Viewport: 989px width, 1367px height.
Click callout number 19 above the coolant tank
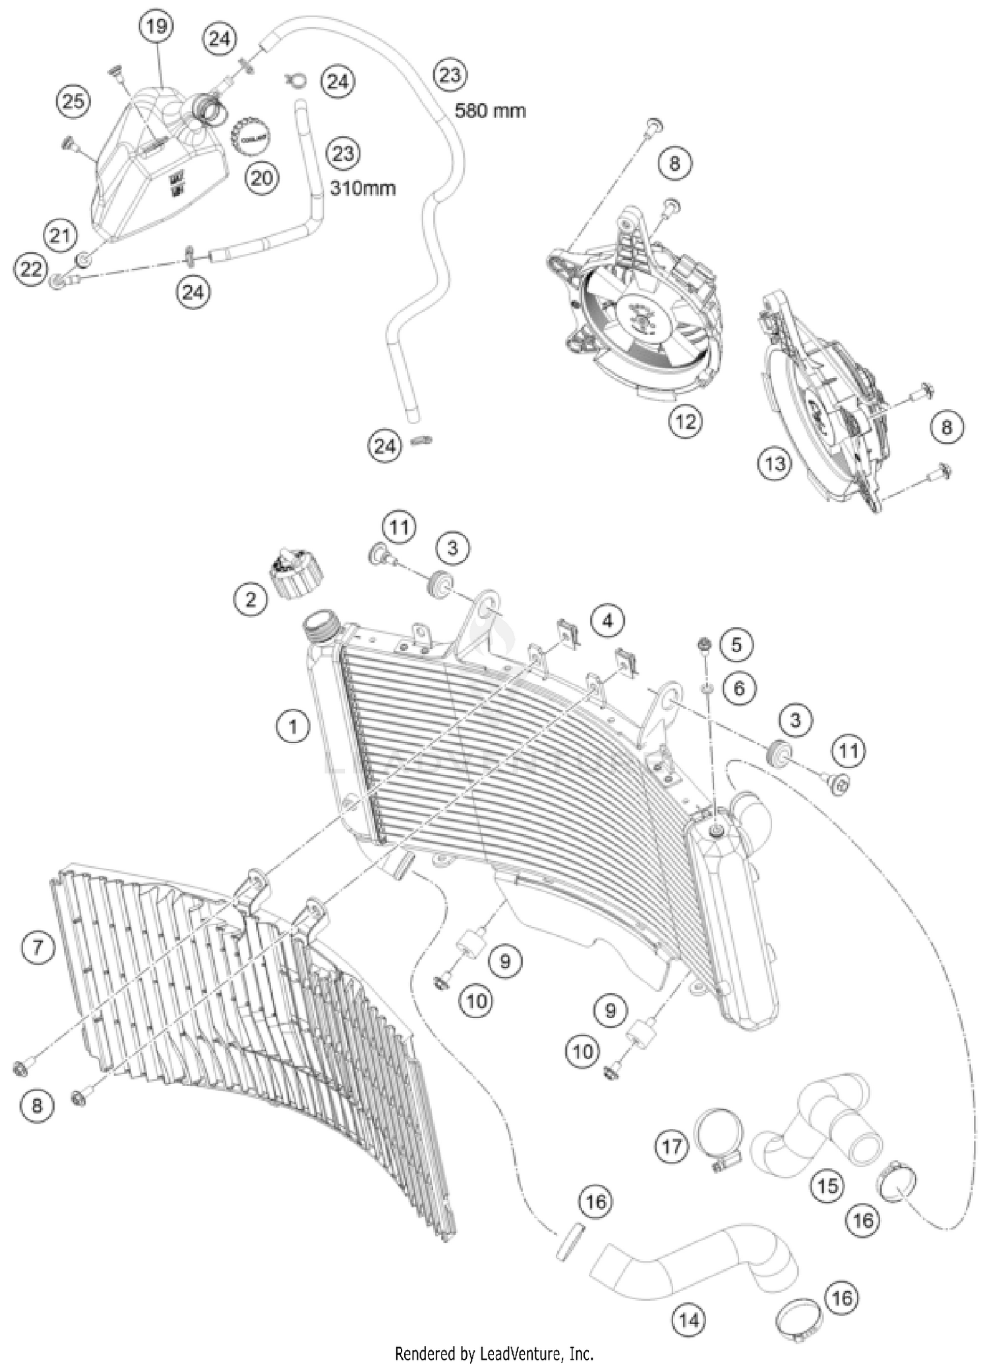click(157, 27)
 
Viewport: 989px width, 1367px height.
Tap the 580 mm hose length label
click(490, 110)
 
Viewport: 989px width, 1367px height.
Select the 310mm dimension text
click(363, 188)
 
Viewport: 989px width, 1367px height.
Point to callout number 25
click(73, 102)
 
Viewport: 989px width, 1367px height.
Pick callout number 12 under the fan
click(685, 421)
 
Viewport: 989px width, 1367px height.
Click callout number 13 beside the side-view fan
click(775, 464)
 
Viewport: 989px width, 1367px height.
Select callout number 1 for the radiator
click(292, 727)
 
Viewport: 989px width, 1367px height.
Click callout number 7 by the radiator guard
click(37, 948)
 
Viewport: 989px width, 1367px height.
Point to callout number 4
click(607, 621)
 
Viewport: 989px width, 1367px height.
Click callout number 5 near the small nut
click(736, 644)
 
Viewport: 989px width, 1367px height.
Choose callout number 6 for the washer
click(738, 688)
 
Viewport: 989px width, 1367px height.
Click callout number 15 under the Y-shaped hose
click(827, 1186)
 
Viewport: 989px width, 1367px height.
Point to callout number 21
click(60, 235)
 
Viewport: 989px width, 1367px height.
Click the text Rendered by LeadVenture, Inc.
click(494, 1354)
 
